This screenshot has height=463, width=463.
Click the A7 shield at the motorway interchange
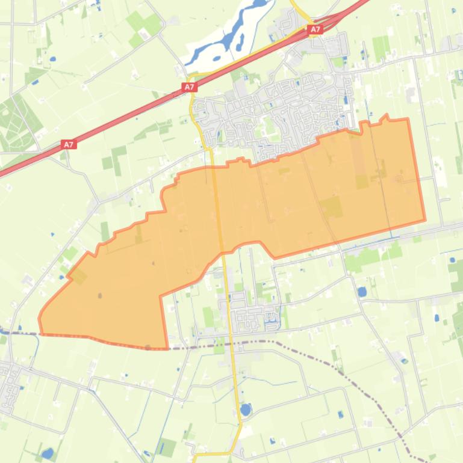pos(315,29)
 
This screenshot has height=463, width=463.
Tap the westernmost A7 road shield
pos(68,144)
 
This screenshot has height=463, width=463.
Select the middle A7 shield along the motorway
pos(190,87)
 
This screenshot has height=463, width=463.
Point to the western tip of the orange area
pos(40,317)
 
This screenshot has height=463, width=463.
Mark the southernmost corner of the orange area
pos(167,348)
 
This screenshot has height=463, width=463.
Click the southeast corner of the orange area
pos(424,220)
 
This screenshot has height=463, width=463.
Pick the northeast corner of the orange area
pos(408,119)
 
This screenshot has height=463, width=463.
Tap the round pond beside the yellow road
pos(245,409)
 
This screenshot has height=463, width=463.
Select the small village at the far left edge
pos(8,385)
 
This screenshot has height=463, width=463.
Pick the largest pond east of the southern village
pos(362,292)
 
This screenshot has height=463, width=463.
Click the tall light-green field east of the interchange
pos(380,48)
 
